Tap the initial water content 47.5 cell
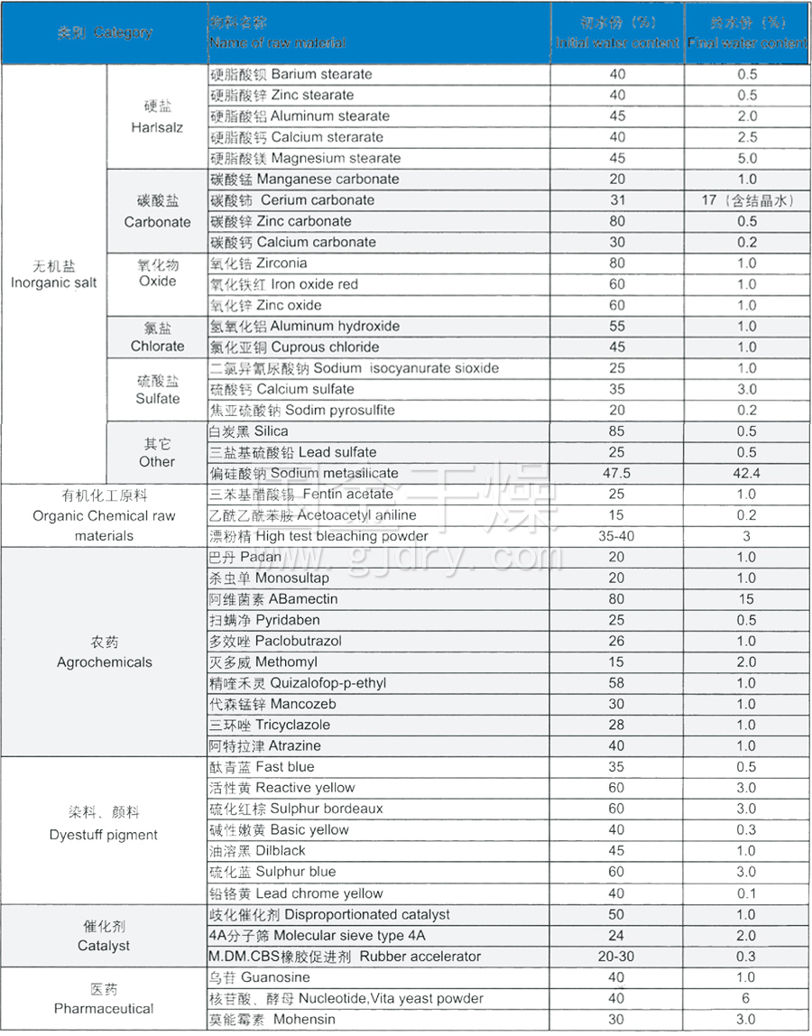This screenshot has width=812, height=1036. coord(617,473)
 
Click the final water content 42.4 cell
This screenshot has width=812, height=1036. coord(746,473)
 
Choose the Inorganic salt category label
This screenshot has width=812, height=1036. coord(54,274)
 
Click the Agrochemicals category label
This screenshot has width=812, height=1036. coord(105,652)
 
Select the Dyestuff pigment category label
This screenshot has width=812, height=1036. coord(104,825)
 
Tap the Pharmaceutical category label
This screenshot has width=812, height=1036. coord(104,999)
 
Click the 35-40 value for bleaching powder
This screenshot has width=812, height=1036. coord(617,536)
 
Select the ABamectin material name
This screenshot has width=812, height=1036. coord(273,599)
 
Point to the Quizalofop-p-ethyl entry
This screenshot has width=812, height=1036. coord(298,683)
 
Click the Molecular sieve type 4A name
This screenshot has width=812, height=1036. coord(317,936)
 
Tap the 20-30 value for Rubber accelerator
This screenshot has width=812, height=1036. coord(617,957)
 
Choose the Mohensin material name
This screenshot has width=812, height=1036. coord(272,1020)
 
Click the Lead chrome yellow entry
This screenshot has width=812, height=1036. coord(296,893)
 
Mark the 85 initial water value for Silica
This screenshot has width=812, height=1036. coord(617,431)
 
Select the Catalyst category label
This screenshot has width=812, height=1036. coord(104,936)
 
